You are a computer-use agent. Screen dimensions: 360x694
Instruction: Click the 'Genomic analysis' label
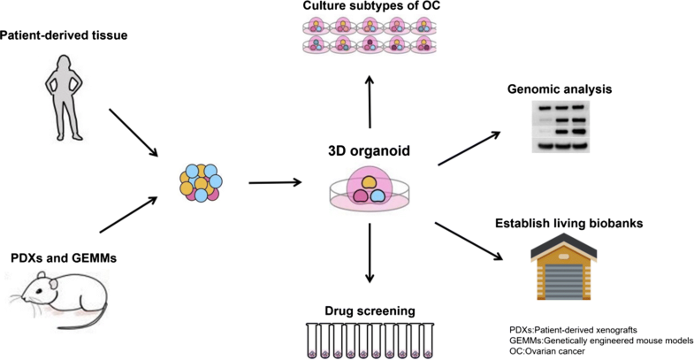(x=560, y=89)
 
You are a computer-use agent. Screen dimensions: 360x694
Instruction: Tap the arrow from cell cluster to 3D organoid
(x=276, y=183)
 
